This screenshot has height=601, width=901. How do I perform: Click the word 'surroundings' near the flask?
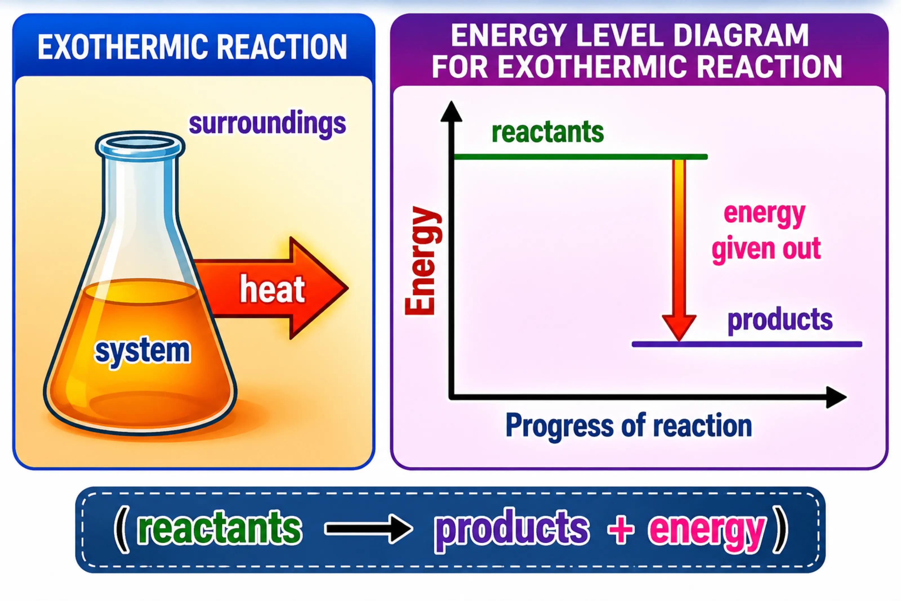click(x=267, y=124)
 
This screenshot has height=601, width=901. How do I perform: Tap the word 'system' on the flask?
click(x=142, y=351)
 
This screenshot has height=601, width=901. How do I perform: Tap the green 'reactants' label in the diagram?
click(x=548, y=132)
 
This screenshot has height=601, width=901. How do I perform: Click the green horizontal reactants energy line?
click(x=580, y=157)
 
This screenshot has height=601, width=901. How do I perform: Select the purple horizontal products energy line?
click(x=747, y=344)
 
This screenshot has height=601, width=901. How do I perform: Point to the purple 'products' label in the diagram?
click(x=780, y=320)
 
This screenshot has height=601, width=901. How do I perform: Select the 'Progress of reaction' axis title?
click(x=629, y=426)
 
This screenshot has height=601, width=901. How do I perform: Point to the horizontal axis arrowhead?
click(x=836, y=398)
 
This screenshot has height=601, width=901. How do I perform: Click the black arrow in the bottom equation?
click(x=369, y=529)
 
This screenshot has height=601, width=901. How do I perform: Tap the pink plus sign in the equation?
click(x=621, y=529)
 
